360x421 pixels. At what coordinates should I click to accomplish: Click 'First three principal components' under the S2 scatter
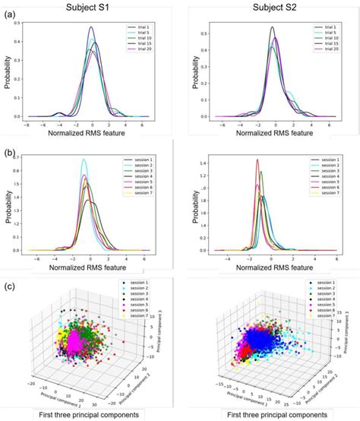tap(271, 414)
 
